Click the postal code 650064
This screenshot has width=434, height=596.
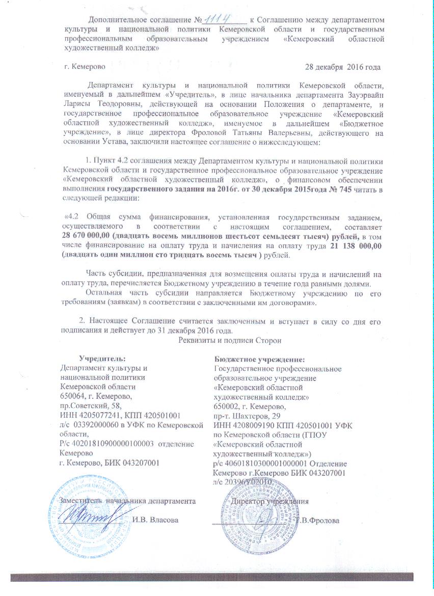click(72, 396)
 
